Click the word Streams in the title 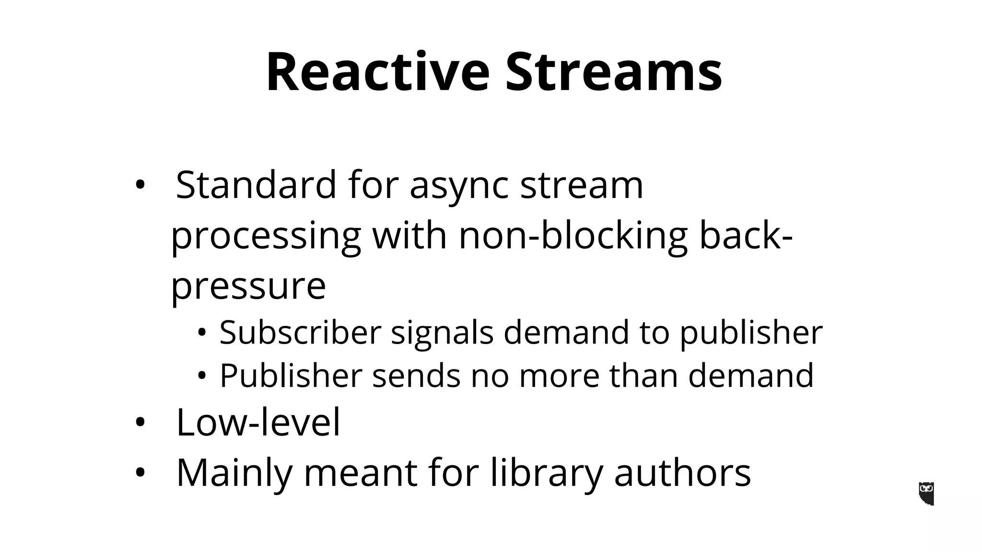point(613,72)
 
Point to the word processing point(266,237)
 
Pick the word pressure point(248,287)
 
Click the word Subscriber point(300,332)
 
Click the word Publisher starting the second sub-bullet point(291,376)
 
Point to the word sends point(416,375)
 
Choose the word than point(643,375)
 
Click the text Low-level point(258,422)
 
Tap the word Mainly point(234,474)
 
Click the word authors point(682,473)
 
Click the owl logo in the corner point(926,494)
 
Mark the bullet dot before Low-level point(140,423)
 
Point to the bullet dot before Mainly point(140,473)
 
